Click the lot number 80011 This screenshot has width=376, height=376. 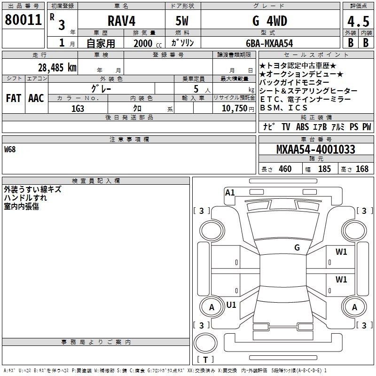click(x=23, y=20)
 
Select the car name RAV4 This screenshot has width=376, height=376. click(x=122, y=21)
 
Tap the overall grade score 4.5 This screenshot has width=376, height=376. click(x=359, y=22)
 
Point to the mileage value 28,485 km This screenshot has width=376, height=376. click(x=57, y=68)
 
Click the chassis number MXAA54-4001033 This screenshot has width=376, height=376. click(x=316, y=149)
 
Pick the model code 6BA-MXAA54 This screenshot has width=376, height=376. click(x=269, y=43)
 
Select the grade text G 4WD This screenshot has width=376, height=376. click(x=270, y=21)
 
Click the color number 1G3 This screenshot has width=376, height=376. click(x=78, y=109)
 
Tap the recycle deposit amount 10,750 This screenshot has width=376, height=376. click(x=235, y=109)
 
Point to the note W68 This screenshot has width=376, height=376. click(x=10, y=149)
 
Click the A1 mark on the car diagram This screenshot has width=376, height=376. click(x=230, y=193)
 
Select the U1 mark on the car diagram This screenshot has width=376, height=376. click(x=231, y=305)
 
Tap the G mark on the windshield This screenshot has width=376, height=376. click(x=297, y=248)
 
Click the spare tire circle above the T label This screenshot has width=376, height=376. click(x=205, y=344)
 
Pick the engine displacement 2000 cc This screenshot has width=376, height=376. click(x=148, y=44)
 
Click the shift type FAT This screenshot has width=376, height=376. click(x=14, y=98)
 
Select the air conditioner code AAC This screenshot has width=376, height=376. click(x=36, y=98)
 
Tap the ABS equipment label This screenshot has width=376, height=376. click(x=302, y=127)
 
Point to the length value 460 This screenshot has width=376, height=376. click(x=285, y=169)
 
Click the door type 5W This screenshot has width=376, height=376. click(x=182, y=21)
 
